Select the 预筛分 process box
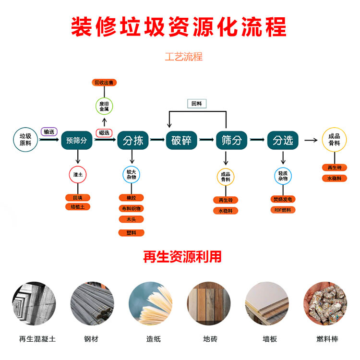tap(77, 141)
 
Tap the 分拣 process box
tap(133, 141)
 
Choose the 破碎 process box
tap(182, 141)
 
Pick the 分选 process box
tap(283, 141)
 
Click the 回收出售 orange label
tap(104, 83)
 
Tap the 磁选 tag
tap(104, 132)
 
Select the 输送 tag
tap(49, 132)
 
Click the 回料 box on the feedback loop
tap(196, 103)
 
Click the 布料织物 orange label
tap(132, 208)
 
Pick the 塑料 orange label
tap(132, 233)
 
